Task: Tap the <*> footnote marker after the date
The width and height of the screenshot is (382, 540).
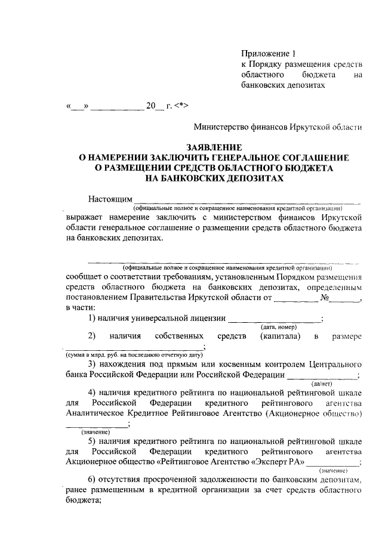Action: [x=181, y=107]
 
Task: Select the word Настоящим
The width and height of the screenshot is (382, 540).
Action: [x=109, y=199]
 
